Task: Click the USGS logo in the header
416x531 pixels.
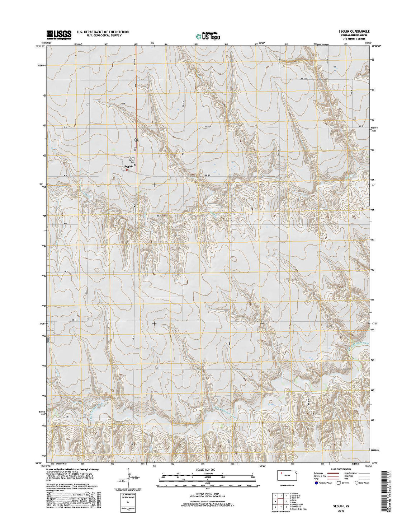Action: coord(59,34)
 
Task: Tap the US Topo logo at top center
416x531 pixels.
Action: coord(208,36)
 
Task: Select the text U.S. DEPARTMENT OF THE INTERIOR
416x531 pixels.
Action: coord(103,32)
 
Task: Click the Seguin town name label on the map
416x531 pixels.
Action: coord(129,167)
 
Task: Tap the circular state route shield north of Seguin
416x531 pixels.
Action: coord(136,139)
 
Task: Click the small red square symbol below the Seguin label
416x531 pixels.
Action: coord(127,170)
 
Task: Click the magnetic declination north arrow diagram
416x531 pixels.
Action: coord(128,478)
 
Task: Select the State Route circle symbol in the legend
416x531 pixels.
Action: coord(357,483)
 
